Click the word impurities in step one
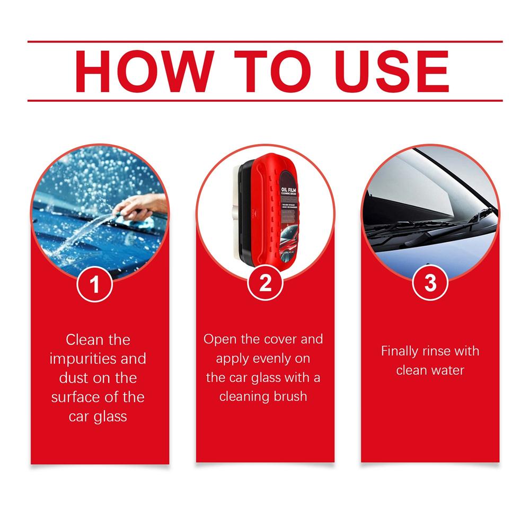click(82, 359)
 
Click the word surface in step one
click(75, 397)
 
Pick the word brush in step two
click(290, 396)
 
